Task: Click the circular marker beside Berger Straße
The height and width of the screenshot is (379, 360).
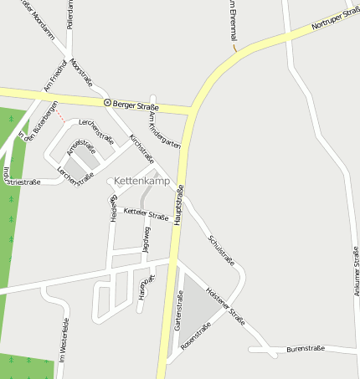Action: click(107, 102)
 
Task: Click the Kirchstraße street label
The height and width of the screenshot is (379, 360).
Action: click(141, 147)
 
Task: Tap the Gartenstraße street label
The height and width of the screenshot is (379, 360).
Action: click(179, 309)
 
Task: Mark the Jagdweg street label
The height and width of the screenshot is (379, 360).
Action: click(147, 239)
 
